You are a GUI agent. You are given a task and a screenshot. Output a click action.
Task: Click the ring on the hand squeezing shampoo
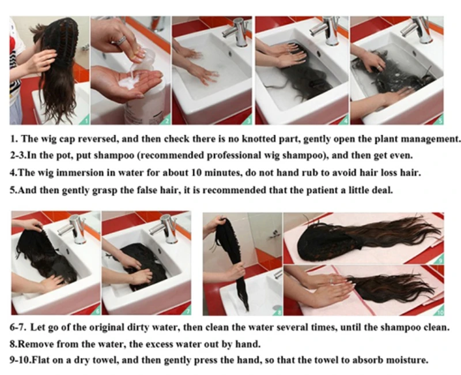pos(121,40)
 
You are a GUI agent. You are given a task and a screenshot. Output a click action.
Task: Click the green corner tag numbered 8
pos(278,310)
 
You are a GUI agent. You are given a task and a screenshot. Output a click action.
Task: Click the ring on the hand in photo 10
pos(331,280)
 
